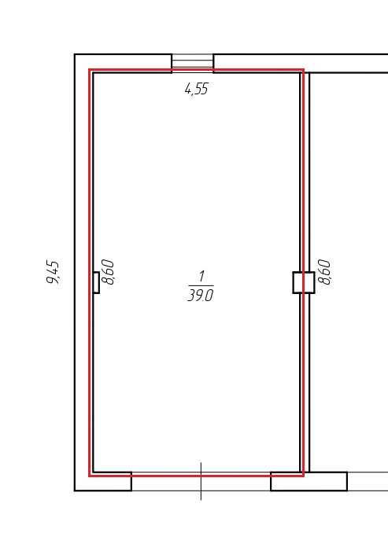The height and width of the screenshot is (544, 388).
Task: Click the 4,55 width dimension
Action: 196,89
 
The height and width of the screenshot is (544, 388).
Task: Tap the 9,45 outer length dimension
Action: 54,272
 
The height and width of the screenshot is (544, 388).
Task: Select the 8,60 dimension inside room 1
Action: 108,272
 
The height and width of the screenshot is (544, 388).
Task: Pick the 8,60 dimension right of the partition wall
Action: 324,272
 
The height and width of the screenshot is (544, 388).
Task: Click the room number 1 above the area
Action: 201,277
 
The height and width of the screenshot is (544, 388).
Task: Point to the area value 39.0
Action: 201,296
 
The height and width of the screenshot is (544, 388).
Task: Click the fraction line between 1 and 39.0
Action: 201,286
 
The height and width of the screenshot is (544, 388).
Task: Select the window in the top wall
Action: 193,61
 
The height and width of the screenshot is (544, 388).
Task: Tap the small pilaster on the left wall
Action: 96,282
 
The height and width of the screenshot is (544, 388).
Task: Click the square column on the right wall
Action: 304,282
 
